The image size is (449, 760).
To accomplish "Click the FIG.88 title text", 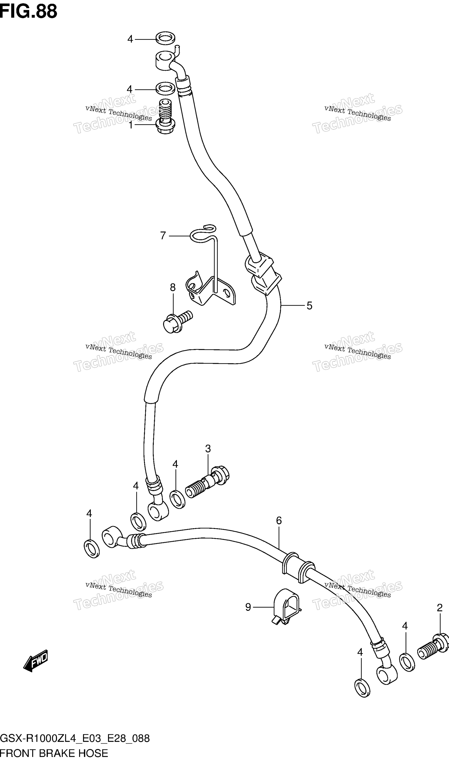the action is point(28,12).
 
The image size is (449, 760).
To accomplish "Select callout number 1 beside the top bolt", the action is point(131,125).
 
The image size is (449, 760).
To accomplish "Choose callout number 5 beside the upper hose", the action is point(309,306).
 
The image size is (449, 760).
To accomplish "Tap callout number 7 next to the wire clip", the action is point(163,236).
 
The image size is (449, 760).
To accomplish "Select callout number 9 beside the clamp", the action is point(248,607).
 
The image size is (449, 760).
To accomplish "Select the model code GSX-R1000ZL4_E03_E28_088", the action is point(75,738).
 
